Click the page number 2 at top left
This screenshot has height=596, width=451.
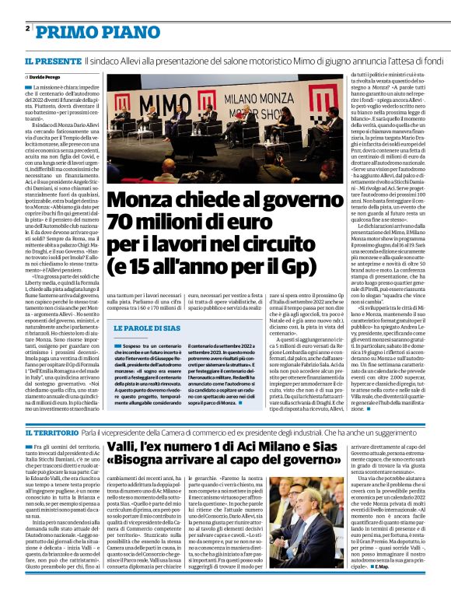click(27, 28)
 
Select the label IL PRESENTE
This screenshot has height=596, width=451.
click(51, 60)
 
